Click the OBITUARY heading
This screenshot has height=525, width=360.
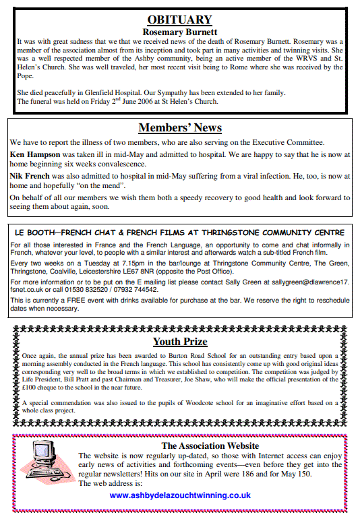tap(179, 20)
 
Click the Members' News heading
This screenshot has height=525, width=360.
tap(179, 127)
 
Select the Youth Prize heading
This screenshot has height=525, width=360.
tap(179, 341)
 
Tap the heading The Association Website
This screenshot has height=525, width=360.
tap(210, 445)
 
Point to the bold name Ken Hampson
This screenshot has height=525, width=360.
tap(34, 154)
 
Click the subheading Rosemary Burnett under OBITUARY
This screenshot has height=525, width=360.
tap(179, 32)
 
